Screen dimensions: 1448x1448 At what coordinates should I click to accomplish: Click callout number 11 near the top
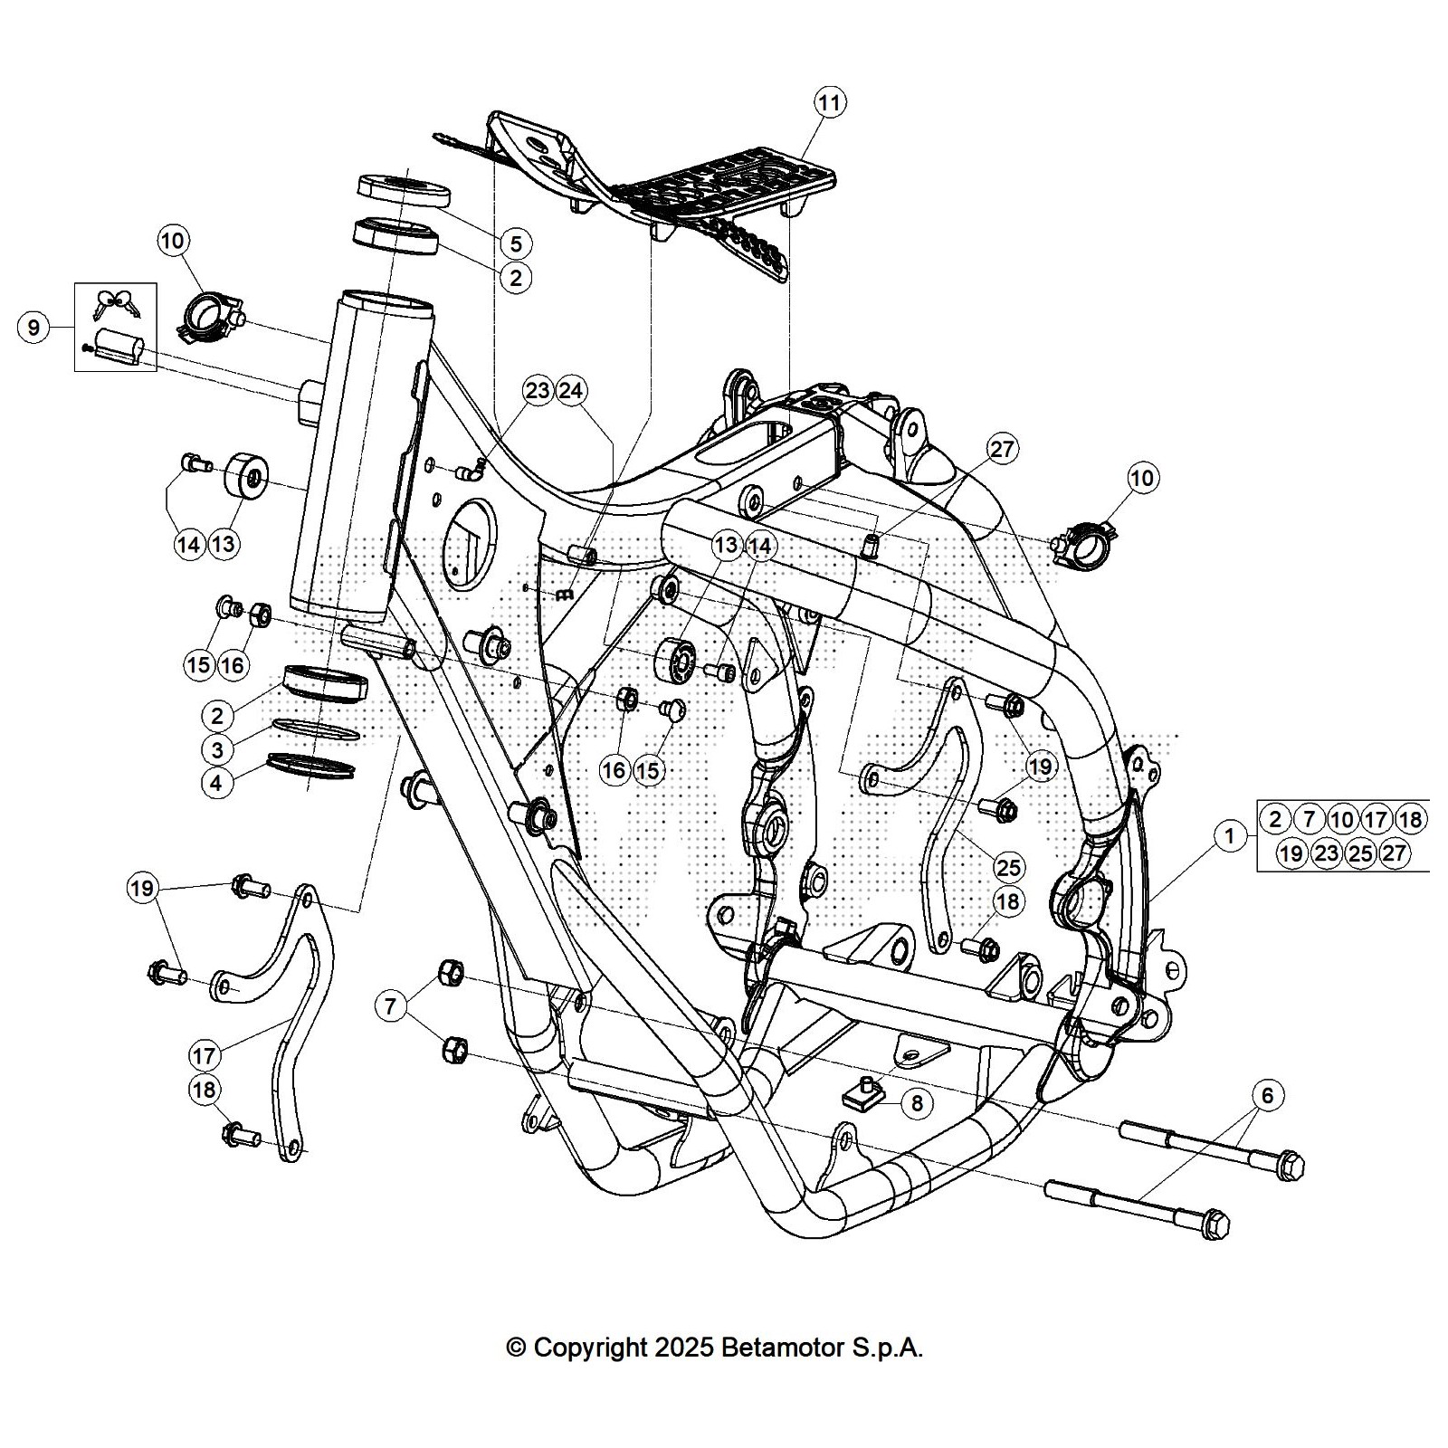click(830, 102)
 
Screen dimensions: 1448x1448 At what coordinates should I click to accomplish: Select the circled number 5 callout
click(515, 243)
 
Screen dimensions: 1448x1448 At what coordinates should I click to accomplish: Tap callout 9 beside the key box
click(34, 327)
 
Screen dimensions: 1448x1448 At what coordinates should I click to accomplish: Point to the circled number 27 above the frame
click(1002, 449)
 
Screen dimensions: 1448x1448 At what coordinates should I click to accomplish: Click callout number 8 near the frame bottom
click(917, 1102)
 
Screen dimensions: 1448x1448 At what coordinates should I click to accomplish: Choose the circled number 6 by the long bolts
click(1267, 1096)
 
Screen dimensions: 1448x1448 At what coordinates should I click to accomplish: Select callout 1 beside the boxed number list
click(1230, 836)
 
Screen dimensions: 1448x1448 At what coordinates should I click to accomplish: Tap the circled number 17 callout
click(205, 1055)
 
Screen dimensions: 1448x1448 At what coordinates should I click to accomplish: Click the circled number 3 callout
click(217, 749)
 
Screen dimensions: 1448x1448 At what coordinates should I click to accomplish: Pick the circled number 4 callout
click(216, 783)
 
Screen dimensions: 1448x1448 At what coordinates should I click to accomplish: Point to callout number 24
click(571, 391)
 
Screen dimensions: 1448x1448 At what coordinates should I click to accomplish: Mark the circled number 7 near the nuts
click(391, 1006)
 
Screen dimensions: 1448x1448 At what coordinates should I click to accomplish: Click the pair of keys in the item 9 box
click(116, 304)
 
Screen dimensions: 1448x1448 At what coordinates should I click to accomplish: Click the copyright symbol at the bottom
click(516, 1348)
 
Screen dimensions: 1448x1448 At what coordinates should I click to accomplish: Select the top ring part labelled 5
click(404, 191)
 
